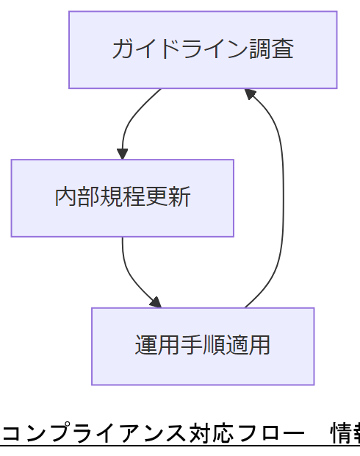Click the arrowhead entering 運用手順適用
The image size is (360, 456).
pyautogui.click(x=155, y=302)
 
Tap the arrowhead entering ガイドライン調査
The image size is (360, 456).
pyautogui.click(x=250, y=93)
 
